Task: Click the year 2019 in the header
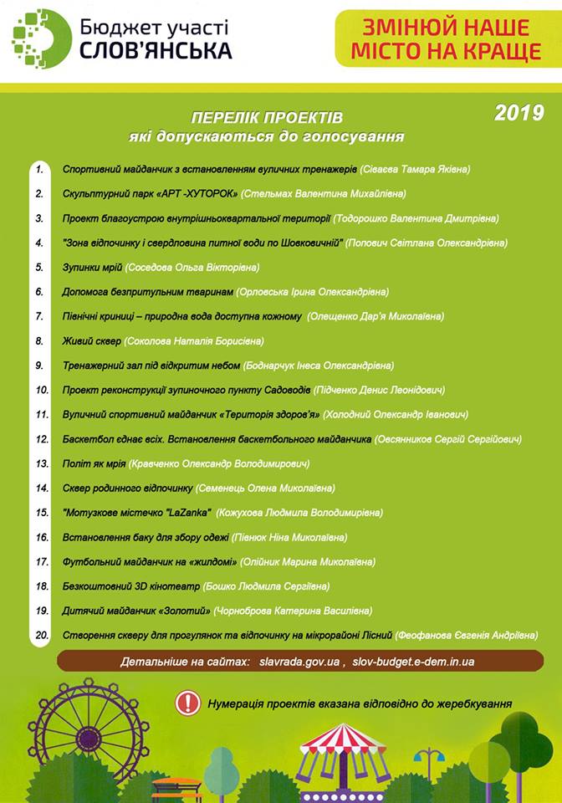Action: click(519, 112)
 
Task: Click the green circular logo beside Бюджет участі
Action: click(41, 38)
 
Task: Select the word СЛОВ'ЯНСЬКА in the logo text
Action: click(156, 51)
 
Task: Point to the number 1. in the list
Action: click(39, 169)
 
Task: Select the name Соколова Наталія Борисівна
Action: click(193, 341)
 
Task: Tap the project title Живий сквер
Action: click(90, 341)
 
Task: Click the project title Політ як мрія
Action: click(95, 463)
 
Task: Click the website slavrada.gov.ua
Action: click(299, 662)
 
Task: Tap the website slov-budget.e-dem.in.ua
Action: click(414, 662)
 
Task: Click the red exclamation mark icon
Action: click(187, 703)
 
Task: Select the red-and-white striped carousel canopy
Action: click(342, 740)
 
